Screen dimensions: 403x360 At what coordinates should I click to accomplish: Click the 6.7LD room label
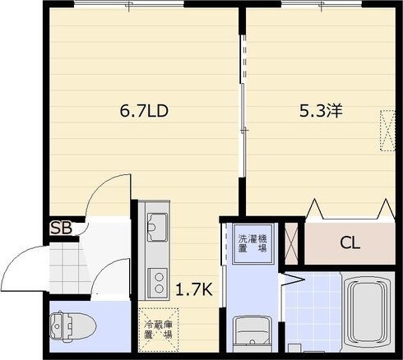pos(144,111)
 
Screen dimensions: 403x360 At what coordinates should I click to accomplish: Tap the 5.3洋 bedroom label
pos(321,111)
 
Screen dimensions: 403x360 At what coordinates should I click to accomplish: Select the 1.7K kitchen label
pos(194,289)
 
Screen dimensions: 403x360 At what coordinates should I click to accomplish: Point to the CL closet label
pos(350,242)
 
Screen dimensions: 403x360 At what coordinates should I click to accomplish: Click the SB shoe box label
pos(62,228)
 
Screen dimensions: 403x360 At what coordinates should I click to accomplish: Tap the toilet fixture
pos(72,326)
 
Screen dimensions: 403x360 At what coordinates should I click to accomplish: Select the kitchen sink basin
pos(157,227)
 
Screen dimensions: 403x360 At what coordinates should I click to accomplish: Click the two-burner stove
pos(157,284)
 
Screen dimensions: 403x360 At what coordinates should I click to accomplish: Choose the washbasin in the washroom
pos(252,334)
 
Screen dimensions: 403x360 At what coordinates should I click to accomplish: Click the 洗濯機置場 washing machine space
pos(252,243)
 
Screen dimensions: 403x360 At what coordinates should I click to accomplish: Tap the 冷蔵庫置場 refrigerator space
pos(159,330)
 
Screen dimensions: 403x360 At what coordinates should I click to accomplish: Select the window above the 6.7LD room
pos(129,4)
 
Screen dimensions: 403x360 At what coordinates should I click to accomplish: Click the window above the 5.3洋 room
pos(322,4)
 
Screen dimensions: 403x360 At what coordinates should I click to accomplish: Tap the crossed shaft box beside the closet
pos(291,243)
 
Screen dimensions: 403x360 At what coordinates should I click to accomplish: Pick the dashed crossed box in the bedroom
pos(387,131)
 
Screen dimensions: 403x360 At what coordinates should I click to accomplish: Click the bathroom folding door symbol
pos(292,279)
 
